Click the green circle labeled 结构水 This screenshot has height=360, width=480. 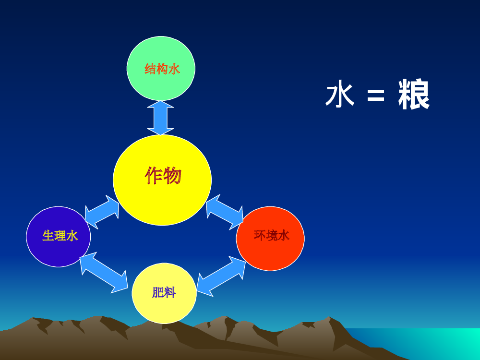point(161,68)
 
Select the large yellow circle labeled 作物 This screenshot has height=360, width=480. point(162,180)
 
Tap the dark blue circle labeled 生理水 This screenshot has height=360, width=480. point(59,237)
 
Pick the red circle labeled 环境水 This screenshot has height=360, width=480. point(270,239)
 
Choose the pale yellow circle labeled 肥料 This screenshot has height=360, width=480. point(164,293)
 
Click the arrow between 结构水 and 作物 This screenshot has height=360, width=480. point(160,118)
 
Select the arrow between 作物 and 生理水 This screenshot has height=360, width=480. point(102,212)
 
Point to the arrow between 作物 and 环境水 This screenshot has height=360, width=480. point(225,212)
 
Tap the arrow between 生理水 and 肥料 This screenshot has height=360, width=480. point(104,273)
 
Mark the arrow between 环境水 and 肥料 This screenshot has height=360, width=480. point(221,276)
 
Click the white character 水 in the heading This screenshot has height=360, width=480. point(340,94)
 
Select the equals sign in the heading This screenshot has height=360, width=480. point(376,95)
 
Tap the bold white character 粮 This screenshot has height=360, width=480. point(414,94)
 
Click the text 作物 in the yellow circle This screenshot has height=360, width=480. point(163,175)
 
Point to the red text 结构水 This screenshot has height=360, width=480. point(162,69)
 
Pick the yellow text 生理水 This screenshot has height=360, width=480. point(60,236)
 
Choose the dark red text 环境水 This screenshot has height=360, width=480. point(272,235)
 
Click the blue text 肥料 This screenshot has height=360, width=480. point(164,293)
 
